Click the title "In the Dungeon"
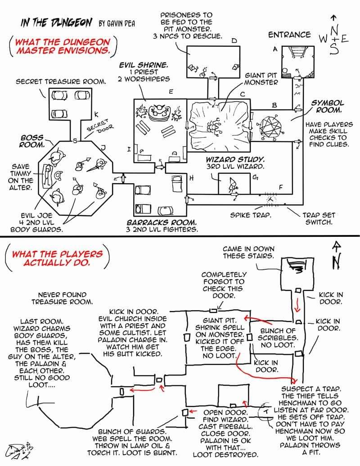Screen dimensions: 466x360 pos(56,22)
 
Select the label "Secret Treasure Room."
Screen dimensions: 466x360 pos(61,81)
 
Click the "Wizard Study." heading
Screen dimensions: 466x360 pos(235,159)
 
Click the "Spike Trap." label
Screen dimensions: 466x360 pos(250,215)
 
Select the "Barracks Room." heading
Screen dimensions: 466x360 pos(162,222)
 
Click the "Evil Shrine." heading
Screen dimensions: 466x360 pos(144,65)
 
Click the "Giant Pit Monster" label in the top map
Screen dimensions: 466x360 pos(261,79)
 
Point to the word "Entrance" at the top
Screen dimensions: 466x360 pos(289,35)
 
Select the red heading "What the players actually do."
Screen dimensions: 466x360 pos(57,258)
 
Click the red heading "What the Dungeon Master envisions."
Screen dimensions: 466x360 pos(63,46)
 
